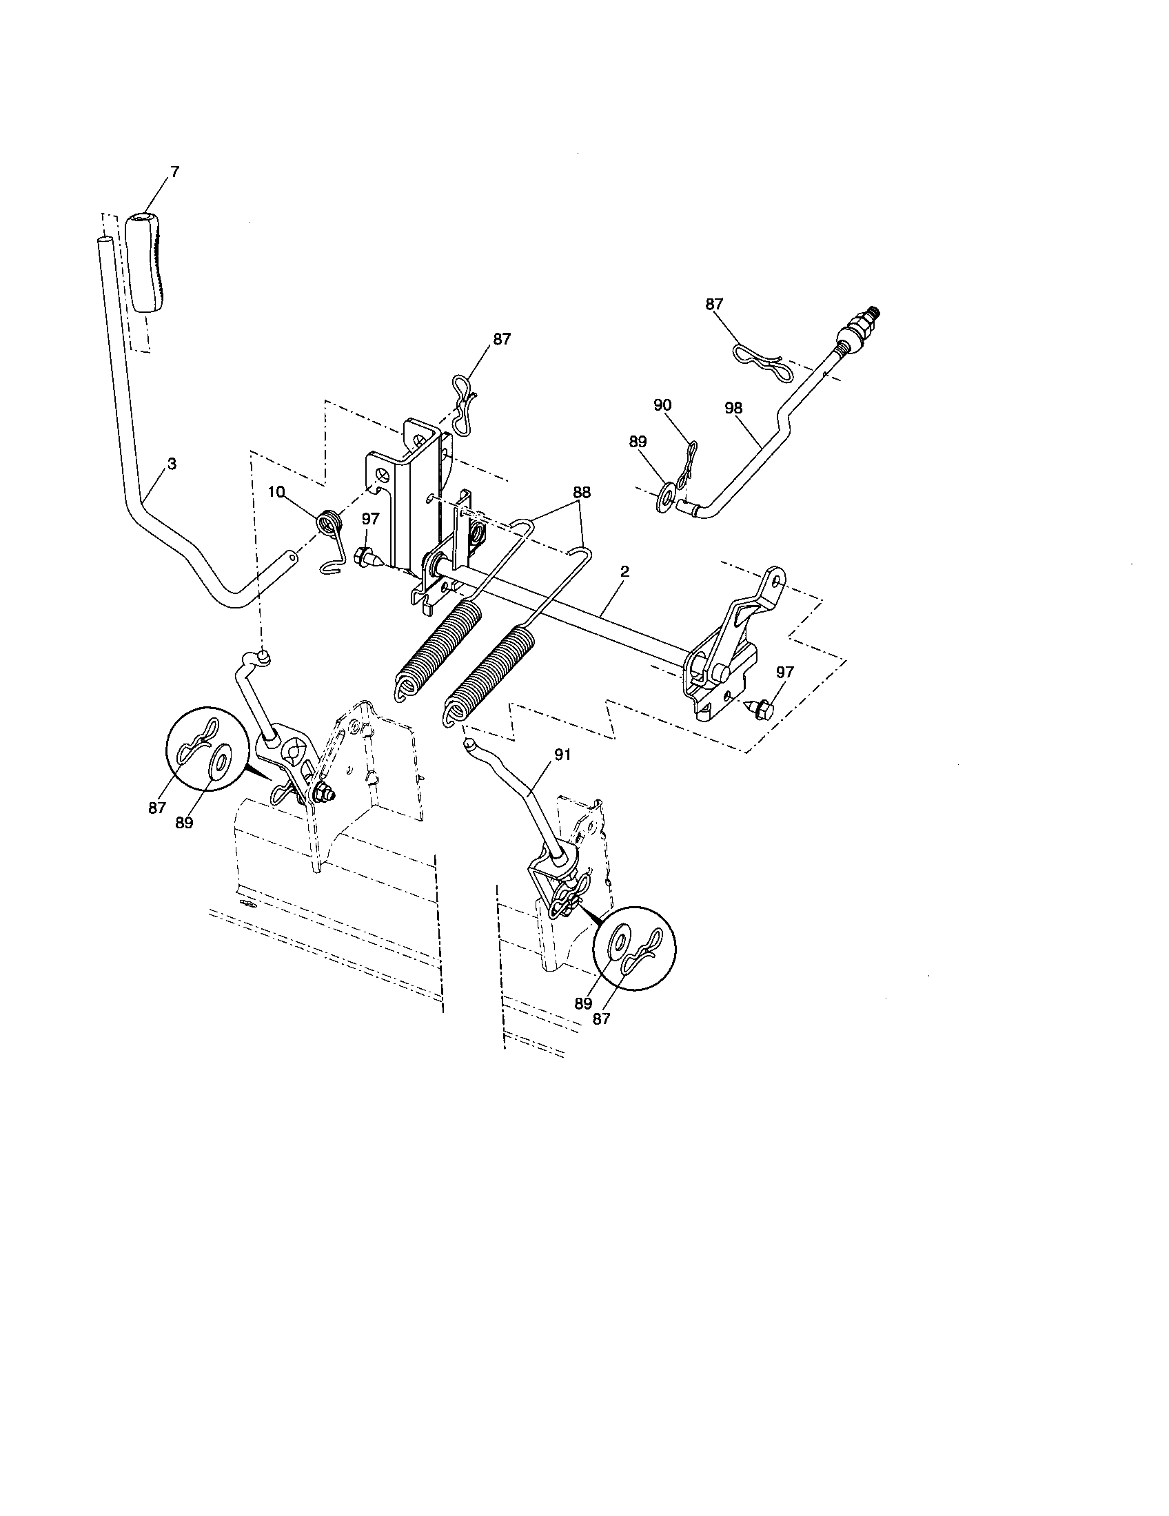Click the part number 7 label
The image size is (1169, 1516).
[x=174, y=172]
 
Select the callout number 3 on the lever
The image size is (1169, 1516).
[x=172, y=464]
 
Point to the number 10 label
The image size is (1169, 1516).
[x=276, y=492]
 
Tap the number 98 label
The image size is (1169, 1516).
[x=733, y=408]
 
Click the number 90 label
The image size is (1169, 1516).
[x=663, y=404]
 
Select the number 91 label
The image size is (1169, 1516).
[x=562, y=755]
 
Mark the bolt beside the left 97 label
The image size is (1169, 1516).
[x=365, y=556]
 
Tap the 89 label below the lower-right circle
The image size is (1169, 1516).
[x=582, y=1003]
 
